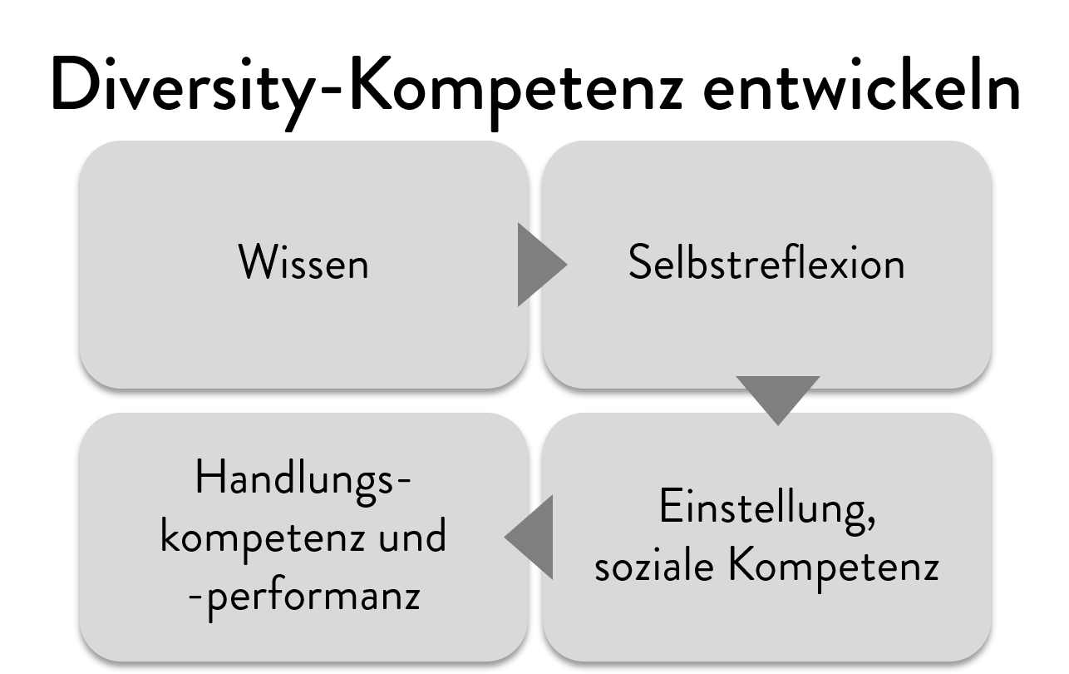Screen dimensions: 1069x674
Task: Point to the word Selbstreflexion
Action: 766,261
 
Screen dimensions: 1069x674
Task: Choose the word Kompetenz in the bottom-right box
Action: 834,569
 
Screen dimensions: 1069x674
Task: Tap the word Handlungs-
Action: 303,482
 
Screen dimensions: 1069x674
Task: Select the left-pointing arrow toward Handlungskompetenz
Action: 529,538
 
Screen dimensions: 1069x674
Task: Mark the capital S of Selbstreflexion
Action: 640,261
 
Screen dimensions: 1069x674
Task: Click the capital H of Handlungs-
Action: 209,477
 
